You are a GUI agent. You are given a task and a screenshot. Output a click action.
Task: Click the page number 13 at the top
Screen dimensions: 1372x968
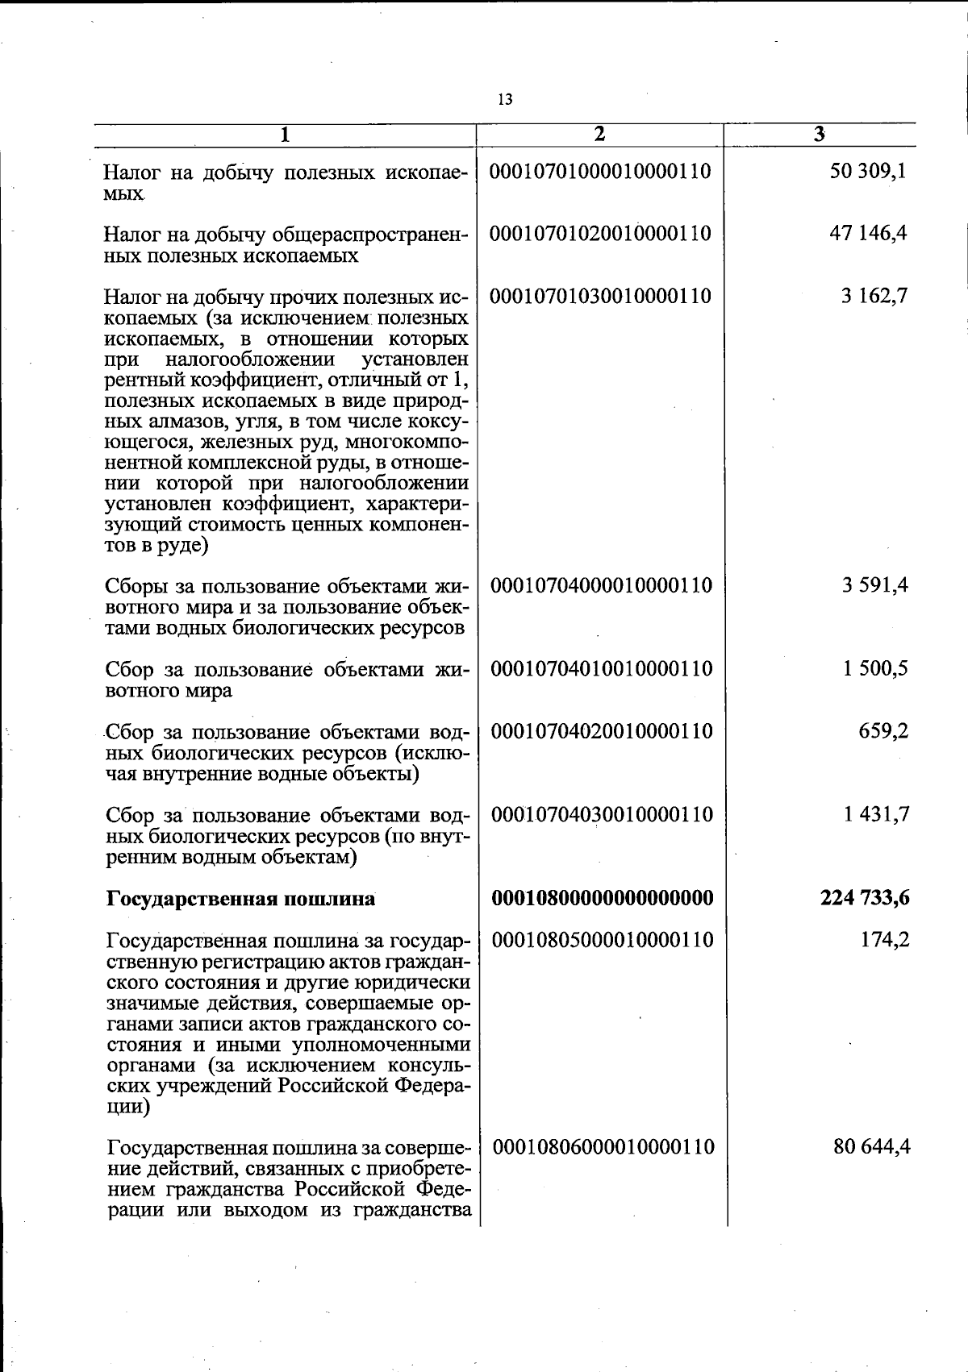[505, 100]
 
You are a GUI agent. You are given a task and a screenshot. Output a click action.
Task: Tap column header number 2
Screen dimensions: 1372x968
[599, 135]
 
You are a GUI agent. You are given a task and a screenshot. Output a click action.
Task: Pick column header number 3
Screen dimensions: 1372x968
[819, 135]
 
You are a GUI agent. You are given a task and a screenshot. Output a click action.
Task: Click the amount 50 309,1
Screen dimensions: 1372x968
[868, 172]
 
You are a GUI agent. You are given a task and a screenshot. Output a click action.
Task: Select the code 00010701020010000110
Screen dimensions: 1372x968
[601, 234]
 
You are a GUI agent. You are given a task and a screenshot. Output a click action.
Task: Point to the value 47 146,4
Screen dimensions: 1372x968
[868, 234]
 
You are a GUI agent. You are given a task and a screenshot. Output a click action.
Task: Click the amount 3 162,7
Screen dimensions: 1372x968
[874, 296]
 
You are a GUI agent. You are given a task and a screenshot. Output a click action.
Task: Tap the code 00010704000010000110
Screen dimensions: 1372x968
[602, 585]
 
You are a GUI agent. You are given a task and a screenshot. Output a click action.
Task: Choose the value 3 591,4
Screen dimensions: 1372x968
[875, 585]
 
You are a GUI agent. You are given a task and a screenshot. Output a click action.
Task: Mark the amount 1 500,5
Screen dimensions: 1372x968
[875, 668]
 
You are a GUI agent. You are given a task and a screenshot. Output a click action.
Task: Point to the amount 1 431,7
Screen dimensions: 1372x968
[876, 814]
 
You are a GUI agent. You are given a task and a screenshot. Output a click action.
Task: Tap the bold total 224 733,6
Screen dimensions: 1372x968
[865, 897]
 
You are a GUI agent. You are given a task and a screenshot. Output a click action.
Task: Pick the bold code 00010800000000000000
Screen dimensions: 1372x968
[603, 897]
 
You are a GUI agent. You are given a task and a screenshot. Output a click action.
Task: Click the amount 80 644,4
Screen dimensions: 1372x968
[872, 1146]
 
